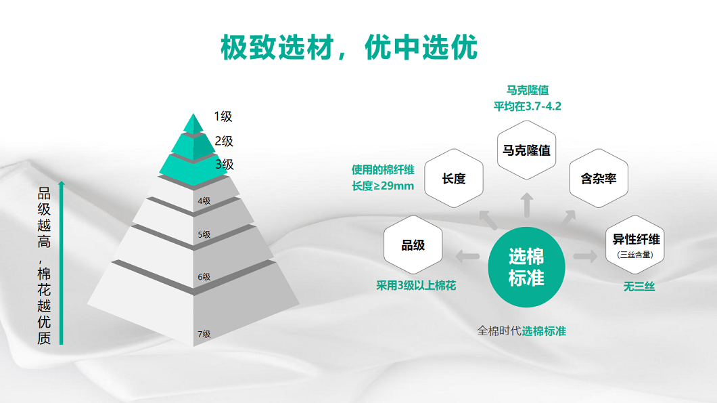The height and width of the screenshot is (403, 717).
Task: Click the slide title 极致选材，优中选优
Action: [349, 48]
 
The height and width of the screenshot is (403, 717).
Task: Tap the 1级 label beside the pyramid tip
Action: [223, 116]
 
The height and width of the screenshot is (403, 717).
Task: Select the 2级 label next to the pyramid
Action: [224, 141]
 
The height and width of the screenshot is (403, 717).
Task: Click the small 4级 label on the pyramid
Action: [204, 200]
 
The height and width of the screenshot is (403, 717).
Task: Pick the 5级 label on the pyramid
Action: [204, 235]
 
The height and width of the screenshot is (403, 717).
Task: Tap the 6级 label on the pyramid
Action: [204, 277]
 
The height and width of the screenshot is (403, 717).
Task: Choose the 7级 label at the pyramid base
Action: [204, 334]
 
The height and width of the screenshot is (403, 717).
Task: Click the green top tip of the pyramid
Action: [193, 124]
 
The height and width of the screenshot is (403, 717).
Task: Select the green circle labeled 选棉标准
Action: [526, 267]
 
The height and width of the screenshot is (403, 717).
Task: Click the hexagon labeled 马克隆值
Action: [526, 150]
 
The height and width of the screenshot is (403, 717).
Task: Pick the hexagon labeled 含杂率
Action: [599, 179]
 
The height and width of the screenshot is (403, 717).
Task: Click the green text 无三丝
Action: [639, 287]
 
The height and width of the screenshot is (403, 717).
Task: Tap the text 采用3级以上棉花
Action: [416, 286]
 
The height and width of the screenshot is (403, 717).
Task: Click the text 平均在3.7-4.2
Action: [528, 106]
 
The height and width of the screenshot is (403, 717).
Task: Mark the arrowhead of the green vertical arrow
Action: [62, 184]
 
